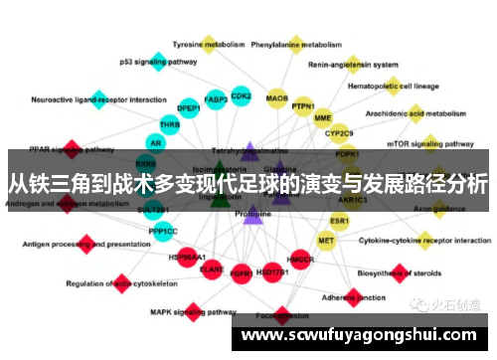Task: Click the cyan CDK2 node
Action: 241,95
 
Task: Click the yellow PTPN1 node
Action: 303,106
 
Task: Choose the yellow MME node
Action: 323,117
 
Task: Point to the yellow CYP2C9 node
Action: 339,132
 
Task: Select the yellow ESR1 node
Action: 339,220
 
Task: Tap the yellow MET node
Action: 326,240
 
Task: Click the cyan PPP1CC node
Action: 163,231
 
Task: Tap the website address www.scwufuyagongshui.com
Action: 367,335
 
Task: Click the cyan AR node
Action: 155,143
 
